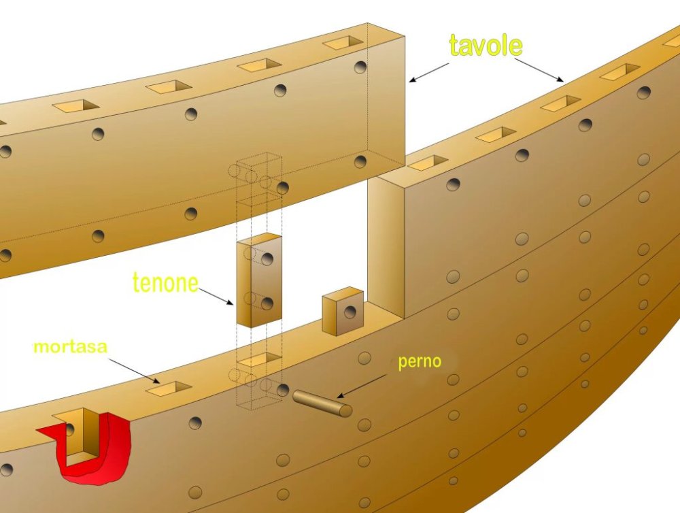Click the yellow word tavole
coord(486,45)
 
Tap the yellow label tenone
coord(165,282)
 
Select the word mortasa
coord(71,347)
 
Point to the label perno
coord(420,361)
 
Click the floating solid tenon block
coord(259,280)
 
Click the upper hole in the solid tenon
coord(267,259)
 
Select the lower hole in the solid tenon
coord(267,303)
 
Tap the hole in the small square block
coord(350,313)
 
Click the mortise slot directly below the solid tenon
coord(259,359)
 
